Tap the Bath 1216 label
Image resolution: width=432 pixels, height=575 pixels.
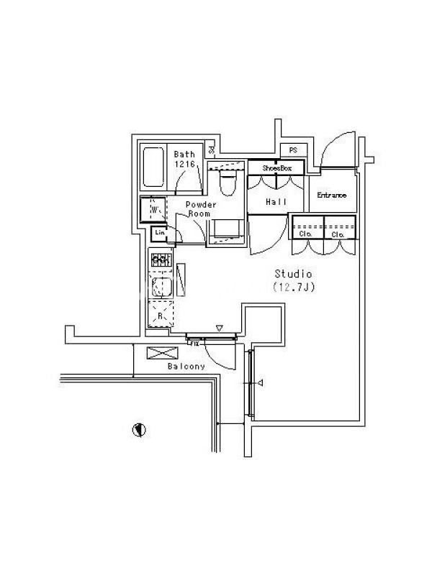185,159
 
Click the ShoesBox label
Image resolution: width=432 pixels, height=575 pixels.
276,167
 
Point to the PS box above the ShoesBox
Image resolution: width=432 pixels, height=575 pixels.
293,149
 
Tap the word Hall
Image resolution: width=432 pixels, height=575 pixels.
276,202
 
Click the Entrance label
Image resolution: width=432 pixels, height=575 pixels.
333,195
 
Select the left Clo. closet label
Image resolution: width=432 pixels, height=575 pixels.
305,234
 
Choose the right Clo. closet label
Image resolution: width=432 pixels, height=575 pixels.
339,234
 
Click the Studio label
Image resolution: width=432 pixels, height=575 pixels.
294,274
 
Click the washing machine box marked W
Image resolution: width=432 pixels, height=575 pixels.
153,210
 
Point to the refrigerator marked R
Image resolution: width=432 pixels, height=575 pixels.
161,314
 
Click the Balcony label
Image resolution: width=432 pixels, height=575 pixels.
186,366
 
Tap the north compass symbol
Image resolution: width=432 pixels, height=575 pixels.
139,430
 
